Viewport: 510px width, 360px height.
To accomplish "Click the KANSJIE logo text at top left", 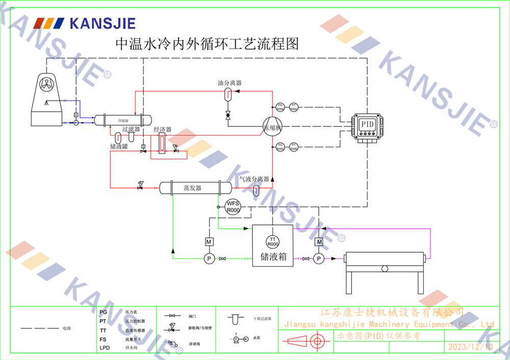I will pyautogui.click(x=102, y=23).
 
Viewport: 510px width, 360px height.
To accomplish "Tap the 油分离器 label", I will pyautogui.click(x=229, y=83).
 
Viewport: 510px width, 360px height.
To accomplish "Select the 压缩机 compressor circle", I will pyautogui.click(x=272, y=127).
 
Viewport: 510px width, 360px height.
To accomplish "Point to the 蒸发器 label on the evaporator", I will pyautogui.click(x=192, y=188).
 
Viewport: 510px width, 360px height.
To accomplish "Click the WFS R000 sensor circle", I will pyautogui.click(x=233, y=207).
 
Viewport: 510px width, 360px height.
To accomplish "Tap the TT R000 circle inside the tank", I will pyautogui.click(x=273, y=242).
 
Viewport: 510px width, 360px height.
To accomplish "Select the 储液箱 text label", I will pyautogui.click(x=273, y=257).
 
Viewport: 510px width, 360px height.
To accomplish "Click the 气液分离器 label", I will pyautogui.click(x=254, y=179).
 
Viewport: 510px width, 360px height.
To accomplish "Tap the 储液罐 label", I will pyautogui.click(x=118, y=146).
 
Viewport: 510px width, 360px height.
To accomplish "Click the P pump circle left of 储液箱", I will pyautogui.click(x=209, y=259).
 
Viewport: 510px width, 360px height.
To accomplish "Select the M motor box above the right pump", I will pyautogui.click(x=319, y=241).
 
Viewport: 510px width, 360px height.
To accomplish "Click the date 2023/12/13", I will pyautogui.click(x=470, y=347).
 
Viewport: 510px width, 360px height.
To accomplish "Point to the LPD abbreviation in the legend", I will pyautogui.click(x=104, y=348).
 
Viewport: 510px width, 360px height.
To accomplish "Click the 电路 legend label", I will pyautogui.click(x=67, y=328).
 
